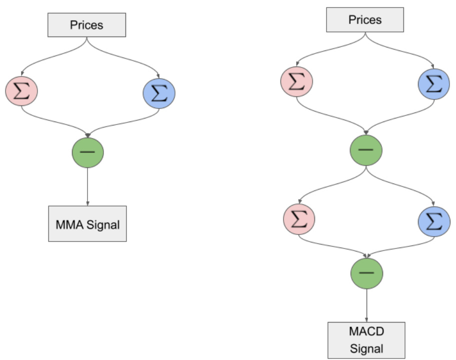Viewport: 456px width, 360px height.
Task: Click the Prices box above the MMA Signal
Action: click(x=86, y=24)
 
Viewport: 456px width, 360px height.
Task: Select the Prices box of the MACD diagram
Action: click(x=365, y=20)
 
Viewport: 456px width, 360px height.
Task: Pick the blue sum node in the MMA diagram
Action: click(x=159, y=93)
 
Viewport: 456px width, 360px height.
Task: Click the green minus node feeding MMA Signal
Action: click(x=88, y=151)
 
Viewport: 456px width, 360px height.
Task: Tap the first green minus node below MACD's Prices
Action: click(x=366, y=149)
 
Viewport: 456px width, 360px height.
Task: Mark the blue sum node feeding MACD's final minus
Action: click(x=434, y=220)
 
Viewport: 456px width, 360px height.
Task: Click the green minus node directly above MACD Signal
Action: click(x=367, y=272)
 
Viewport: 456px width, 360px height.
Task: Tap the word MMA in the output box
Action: click(x=70, y=224)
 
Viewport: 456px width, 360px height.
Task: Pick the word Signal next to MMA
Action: click(x=103, y=225)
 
